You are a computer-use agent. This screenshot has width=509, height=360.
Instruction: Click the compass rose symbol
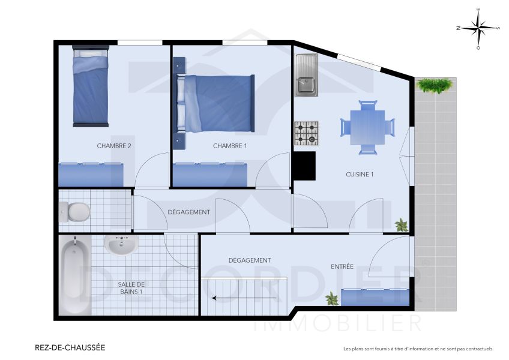pyautogui.click(x=478, y=28)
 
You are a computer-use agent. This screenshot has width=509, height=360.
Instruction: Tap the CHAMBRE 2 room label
pyautogui.click(x=114, y=146)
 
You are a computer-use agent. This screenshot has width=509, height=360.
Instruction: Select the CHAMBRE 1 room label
pyautogui.click(x=230, y=146)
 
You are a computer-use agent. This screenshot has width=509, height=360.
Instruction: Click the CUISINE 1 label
pyautogui.click(x=360, y=175)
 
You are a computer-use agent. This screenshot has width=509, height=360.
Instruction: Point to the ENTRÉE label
pyautogui.click(x=342, y=266)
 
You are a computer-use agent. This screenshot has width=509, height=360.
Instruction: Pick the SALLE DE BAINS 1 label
pyautogui.click(x=131, y=288)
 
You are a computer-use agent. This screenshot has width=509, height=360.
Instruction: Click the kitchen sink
pyautogui.click(x=306, y=74)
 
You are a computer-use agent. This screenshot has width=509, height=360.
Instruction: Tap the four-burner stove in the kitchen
pyautogui.click(x=306, y=133)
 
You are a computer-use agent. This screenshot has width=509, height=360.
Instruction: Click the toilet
pyautogui.click(x=75, y=211)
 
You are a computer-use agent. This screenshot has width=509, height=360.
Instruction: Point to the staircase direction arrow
pyautogui.click(x=244, y=297)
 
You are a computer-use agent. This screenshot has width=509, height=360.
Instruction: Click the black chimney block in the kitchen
pyautogui.click(x=304, y=166)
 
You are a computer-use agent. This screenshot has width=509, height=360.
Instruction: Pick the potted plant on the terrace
pyautogui.click(x=434, y=85)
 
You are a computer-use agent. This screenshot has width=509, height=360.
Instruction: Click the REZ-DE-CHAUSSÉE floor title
pyautogui.click(x=71, y=347)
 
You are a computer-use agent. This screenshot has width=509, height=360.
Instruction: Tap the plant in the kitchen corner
pyautogui.click(x=402, y=225)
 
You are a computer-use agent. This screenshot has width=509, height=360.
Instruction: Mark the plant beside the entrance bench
pyautogui.click(x=331, y=298)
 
